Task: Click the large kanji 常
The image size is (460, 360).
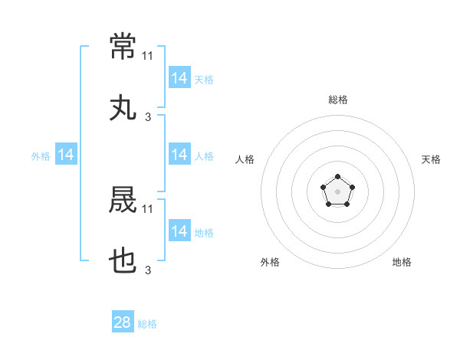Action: pos(123,46)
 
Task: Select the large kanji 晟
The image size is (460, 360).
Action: pos(123,199)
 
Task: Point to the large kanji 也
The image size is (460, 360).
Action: pos(123,260)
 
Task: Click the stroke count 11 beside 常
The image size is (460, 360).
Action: pos(147,56)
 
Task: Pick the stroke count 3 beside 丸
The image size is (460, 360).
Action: pos(148,117)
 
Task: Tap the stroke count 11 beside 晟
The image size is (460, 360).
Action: pos(147,209)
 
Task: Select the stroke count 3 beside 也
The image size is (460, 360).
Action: pos(148,270)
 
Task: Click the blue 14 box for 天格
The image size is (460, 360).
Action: pos(179,77)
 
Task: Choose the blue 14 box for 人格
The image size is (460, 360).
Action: pos(179,154)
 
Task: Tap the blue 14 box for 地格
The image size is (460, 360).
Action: pos(179,230)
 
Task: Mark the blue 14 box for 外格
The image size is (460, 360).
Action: pos(66,154)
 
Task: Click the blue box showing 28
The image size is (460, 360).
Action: pos(123,321)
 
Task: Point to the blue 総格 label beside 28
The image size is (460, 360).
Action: pos(147,324)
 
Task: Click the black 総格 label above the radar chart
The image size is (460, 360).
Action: pos(338,100)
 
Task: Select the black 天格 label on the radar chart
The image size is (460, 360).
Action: pos(431,159)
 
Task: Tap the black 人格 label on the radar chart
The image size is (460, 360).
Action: pos(245,159)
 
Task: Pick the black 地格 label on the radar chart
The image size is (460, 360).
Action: pos(402,262)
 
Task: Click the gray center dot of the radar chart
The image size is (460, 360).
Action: pos(337,191)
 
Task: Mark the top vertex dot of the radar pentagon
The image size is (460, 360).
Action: pos(337,176)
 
